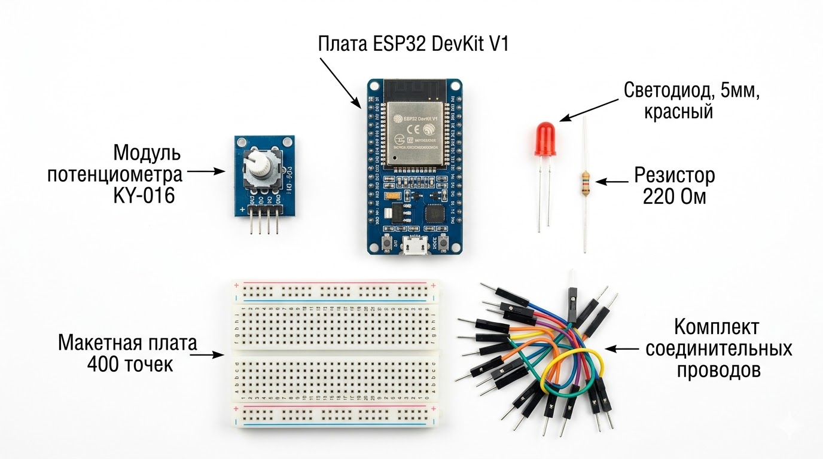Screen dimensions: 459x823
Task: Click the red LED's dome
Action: point(545,134)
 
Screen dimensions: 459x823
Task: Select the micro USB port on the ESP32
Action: point(414,244)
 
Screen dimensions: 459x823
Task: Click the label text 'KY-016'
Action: point(144,195)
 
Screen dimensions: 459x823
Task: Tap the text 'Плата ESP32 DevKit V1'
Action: point(413,44)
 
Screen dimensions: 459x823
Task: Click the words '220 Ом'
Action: point(674,196)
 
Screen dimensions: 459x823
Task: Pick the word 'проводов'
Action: point(719,369)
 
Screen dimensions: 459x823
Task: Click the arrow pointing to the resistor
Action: point(611,181)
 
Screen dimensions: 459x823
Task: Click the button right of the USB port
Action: point(444,243)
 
